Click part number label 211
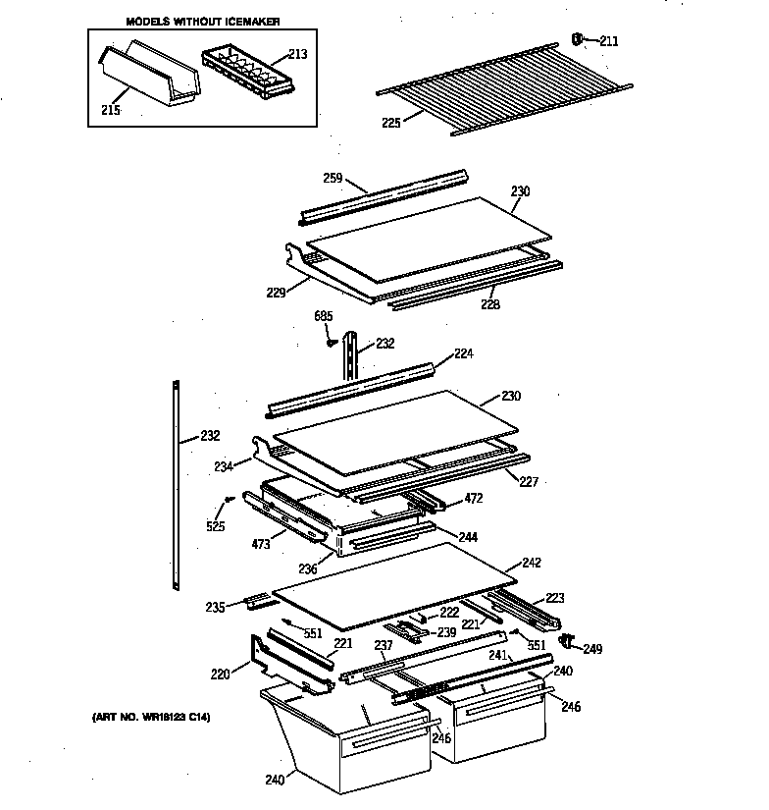pyautogui.click(x=609, y=41)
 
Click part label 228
pyautogui.click(x=489, y=304)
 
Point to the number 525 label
pyautogui.click(x=216, y=526)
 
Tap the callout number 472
pyautogui.click(x=474, y=499)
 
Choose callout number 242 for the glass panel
pyautogui.click(x=531, y=563)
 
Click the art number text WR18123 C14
pyautogui.click(x=144, y=718)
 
